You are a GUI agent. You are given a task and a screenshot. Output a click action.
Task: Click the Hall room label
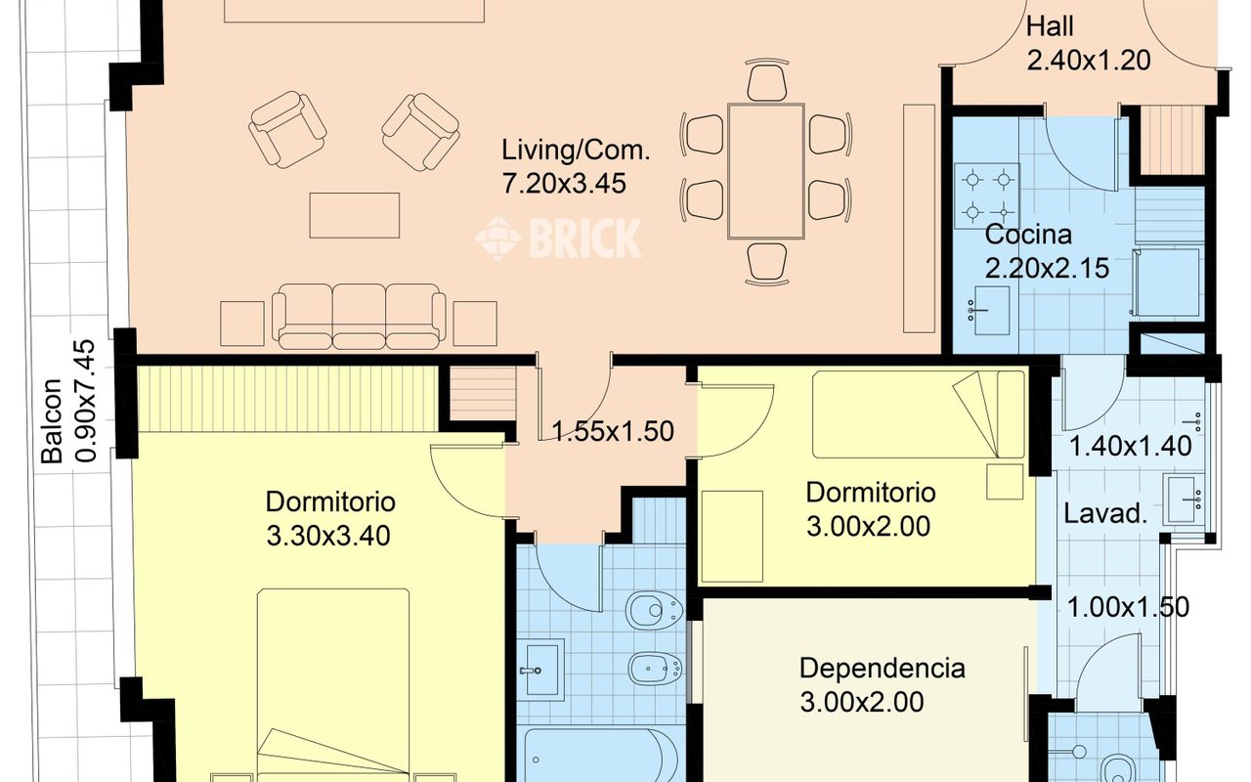[x=1050, y=26]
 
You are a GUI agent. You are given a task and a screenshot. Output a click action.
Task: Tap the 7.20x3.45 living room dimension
[x=564, y=184]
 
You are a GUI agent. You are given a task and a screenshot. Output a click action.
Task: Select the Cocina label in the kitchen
[x=1028, y=235]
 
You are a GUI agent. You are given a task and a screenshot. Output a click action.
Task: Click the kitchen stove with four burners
[x=987, y=196]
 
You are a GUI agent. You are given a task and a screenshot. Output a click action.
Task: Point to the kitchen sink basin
[x=991, y=311]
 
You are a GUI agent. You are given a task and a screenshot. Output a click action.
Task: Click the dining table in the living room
[x=766, y=171]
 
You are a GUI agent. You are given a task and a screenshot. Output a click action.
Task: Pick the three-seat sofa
[x=359, y=317]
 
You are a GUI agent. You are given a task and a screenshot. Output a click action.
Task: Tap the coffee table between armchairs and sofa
[x=355, y=216]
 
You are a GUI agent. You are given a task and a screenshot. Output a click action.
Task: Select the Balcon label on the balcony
[x=53, y=421]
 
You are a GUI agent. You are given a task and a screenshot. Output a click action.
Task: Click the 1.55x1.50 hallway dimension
[x=613, y=432]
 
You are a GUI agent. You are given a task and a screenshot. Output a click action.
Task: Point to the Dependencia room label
[x=882, y=669]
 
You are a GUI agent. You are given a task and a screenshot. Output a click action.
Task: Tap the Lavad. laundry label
[x=1104, y=513]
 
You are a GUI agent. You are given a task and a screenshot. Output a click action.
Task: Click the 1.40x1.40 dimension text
[x=1130, y=447]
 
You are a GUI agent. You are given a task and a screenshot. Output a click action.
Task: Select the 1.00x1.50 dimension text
[x=1128, y=607]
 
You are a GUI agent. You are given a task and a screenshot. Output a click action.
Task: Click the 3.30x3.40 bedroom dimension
[x=328, y=537]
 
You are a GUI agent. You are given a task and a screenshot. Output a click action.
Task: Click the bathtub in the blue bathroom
[x=601, y=756]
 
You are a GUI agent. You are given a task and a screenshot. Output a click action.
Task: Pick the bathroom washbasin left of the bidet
[x=540, y=670]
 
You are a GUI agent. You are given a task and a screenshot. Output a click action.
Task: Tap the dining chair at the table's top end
[x=767, y=80]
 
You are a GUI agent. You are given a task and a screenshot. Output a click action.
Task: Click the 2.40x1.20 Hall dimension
[x=1089, y=61]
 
